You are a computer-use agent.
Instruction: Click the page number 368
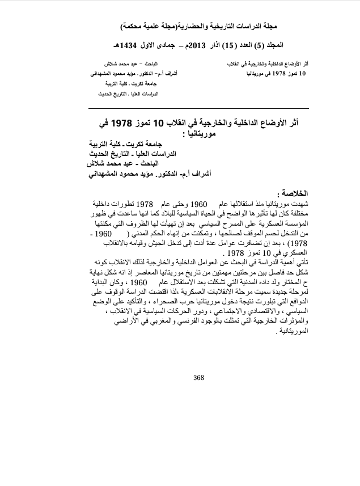198,378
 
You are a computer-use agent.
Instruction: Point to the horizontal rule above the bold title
199,108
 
